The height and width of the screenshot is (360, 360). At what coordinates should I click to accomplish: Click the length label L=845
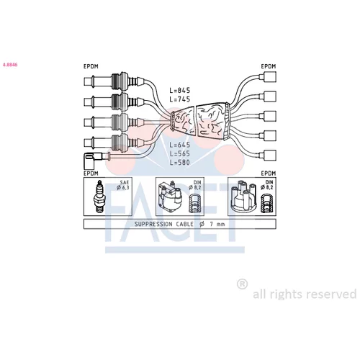(x=180, y=90)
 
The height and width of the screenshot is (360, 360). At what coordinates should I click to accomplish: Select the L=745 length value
(x=180, y=99)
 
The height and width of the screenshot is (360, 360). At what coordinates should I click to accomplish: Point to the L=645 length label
(x=180, y=145)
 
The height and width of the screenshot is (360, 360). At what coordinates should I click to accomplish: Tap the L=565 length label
(x=180, y=153)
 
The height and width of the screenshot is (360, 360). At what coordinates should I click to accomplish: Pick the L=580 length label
(x=180, y=163)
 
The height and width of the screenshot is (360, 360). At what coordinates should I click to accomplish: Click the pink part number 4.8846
(x=10, y=65)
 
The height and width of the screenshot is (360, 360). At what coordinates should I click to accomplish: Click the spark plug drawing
(x=100, y=197)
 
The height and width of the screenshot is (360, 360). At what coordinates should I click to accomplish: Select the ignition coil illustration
(x=170, y=197)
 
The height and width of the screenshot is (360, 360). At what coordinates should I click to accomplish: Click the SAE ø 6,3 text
(x=123, y=185)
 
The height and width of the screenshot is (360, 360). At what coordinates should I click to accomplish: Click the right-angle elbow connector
(x=92, y=160)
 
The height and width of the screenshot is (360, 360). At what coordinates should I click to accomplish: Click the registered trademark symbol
(x=242, y=284)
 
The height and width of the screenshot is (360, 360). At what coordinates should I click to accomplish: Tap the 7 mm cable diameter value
(x=217, y=224)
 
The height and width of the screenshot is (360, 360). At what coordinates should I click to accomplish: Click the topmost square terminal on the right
(x=270, y=77)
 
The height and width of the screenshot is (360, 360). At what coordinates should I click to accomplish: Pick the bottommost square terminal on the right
(x=270, y=155)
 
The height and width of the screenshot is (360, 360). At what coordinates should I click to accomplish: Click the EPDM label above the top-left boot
(x=91, y=66)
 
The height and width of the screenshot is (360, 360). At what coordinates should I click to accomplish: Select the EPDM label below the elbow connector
(x=91, y=174)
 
